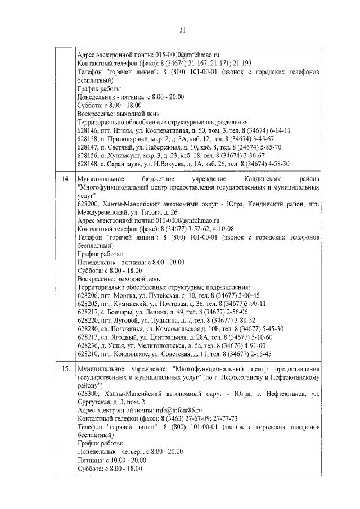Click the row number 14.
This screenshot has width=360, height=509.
(65, 178)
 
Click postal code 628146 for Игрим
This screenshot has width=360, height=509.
(87, 130)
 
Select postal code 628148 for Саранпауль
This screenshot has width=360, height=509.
(87, 164)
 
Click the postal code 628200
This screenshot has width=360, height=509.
(87, 204)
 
